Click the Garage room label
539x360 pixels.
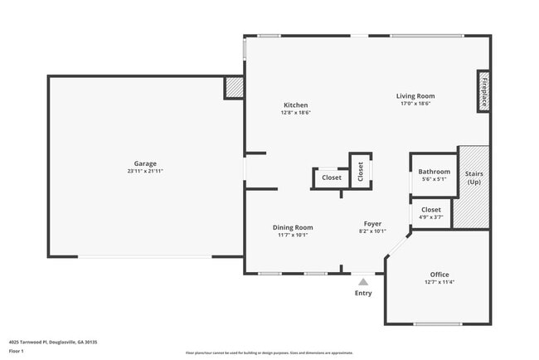[145, 163]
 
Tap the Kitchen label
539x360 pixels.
[296, 105]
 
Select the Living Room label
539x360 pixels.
[415, 96]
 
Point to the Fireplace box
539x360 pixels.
[483, 91]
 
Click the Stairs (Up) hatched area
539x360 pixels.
[473, 188]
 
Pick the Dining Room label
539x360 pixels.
[293, 227]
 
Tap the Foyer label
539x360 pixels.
[372, 224]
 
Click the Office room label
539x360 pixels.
[439, 275]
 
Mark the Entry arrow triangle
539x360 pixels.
[363, 282]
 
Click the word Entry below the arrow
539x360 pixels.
[363, 293]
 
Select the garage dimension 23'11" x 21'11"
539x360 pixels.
[145, 171]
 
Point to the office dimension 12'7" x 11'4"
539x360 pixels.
[439, 282]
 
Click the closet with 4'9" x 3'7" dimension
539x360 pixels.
[431, 213]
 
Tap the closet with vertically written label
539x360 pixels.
[361, 172]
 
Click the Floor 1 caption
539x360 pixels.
[17, 351]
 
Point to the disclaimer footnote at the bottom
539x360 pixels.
[269, 353]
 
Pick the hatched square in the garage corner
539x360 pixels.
[235, 87]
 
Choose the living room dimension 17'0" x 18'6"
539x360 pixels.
[415, 104]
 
